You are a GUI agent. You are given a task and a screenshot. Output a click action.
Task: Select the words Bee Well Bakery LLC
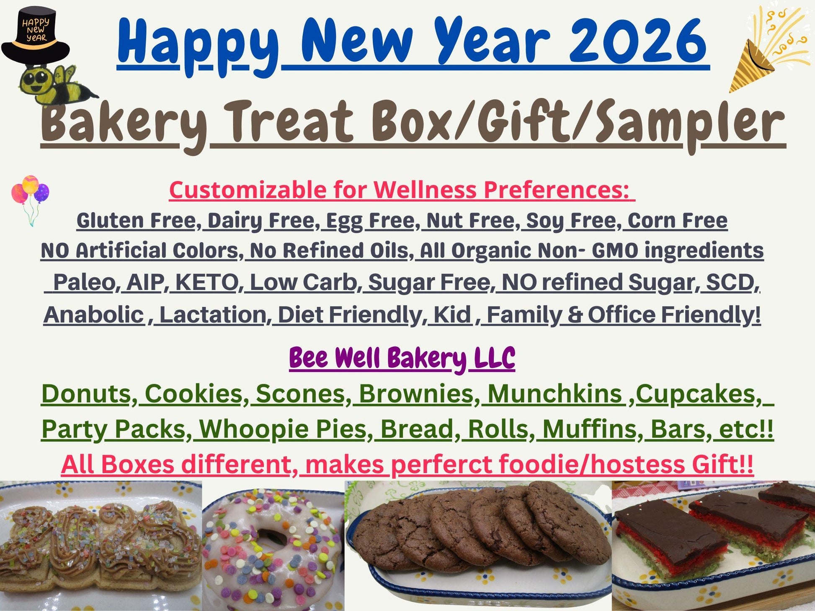click(x=402, y=359)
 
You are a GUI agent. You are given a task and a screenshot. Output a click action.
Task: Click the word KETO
click(x=207, y=282)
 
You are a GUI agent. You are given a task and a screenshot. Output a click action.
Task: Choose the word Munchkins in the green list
click(x=555, y=394)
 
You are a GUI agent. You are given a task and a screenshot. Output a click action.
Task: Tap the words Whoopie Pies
click(x=283, y=429)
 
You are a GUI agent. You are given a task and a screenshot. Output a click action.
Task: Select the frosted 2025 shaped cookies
click(x=101, y=540)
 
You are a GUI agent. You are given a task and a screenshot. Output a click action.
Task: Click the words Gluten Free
click(x=136, y=221)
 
